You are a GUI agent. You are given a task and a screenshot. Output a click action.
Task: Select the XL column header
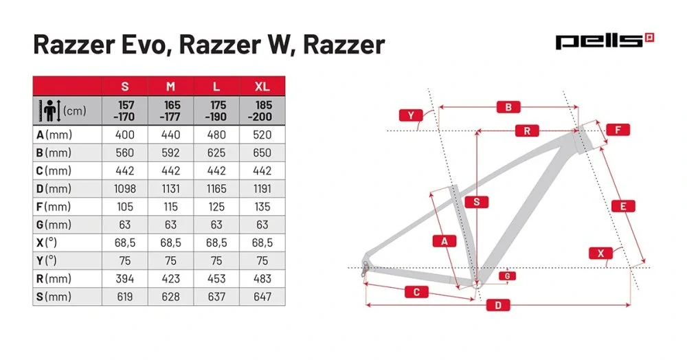pos(262,87)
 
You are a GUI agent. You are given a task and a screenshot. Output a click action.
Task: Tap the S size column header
pos(125,87)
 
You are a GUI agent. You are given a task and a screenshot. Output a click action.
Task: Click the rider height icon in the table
pos(52,110)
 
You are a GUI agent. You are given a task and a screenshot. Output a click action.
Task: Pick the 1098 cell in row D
pos(125,188)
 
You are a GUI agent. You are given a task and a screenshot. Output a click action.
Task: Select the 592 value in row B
pos(170,153)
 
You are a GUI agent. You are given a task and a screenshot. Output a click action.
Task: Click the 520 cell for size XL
pos(262,135)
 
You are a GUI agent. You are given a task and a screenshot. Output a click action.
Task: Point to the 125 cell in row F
pos(216,206)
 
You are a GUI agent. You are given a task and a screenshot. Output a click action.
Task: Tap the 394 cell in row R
pos(125,279)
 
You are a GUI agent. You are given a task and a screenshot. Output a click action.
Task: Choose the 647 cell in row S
pos(262,297)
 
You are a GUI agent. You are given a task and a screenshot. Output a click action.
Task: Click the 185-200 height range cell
pos(262,110)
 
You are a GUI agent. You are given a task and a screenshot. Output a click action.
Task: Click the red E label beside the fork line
pos(622,206)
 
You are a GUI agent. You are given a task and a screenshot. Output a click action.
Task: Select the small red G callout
pos(506,275)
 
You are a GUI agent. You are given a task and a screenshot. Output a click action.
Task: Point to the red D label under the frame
pos(498,305)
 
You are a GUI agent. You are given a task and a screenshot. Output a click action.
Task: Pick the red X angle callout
pos(601,254)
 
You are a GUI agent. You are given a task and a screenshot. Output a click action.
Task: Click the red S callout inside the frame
pos(476,202)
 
